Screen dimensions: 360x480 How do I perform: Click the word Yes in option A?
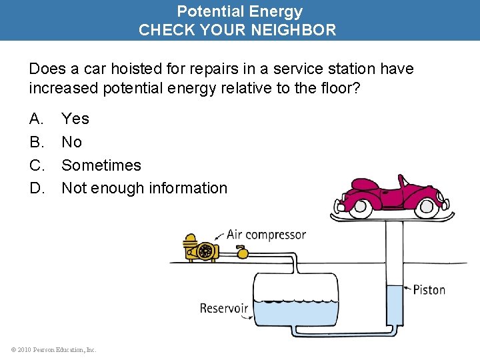coord(75,119)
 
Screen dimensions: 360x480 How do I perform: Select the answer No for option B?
coord(71,142)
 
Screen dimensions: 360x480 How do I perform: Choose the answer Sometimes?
coord(101,165)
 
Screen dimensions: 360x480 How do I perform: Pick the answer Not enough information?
coord(144,188)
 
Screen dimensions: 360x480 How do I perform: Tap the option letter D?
coord(36,188)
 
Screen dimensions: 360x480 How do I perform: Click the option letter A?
coord(36,119)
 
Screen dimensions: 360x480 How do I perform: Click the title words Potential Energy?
coord(239,11)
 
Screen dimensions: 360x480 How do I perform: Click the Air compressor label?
coord(266,234)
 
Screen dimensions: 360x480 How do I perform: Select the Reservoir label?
coord(224,308)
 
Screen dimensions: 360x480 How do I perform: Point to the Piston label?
coord(429,289)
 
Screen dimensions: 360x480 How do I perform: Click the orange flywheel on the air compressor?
coord(207,251)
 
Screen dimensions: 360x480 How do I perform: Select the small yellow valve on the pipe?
coord(242,253)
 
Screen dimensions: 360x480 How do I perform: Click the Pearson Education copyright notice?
coord(53,349)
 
